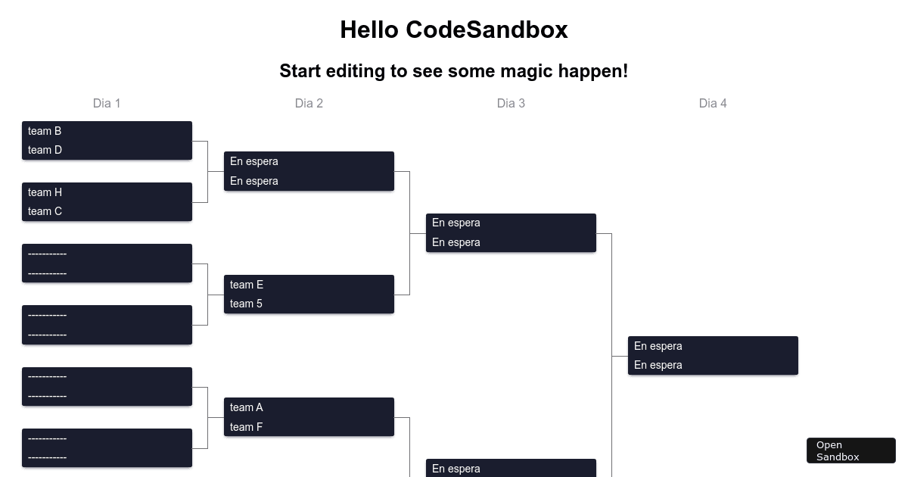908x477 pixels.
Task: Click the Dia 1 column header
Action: [x=107, y=103]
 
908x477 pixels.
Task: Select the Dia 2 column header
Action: [x=309, y=103]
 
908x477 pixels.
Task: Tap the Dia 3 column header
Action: [x=511, y=103]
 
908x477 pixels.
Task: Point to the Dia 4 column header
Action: [x=713, y=103]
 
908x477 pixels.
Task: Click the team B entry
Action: [x=45, y=131]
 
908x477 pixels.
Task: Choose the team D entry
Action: [x=45, y=150]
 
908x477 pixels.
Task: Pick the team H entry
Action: [x=45, y=192]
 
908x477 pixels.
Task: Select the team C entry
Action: [x=45, y=211]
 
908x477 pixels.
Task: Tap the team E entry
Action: [x=247, y=285]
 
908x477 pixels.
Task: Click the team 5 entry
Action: [x=247, y=304]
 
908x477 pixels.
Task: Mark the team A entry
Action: [x=247, y=407]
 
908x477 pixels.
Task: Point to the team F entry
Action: [x=247, y=427]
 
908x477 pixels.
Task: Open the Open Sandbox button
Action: [x=850, y=450]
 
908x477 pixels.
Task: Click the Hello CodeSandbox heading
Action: [x=454, y=30]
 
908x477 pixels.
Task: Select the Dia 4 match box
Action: [x=713, y=355]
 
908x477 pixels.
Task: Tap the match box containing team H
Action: [x=107, y=201]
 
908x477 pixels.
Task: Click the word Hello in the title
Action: [x=369, y=30]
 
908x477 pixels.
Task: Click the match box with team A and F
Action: [x=309, y=417]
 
